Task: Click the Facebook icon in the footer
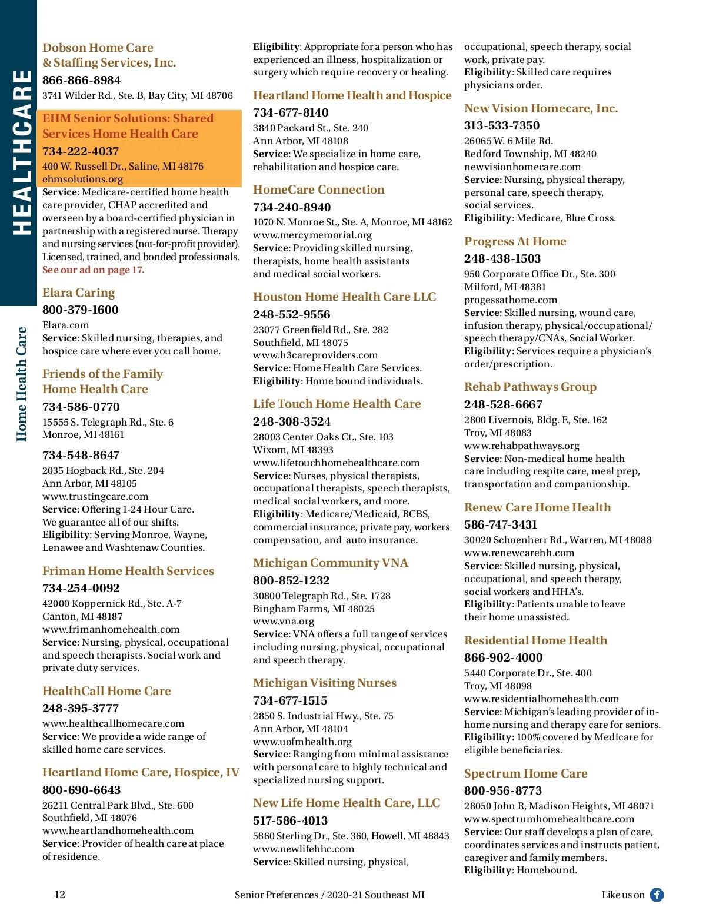[x=657, y=895]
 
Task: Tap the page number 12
[x=60, y=895]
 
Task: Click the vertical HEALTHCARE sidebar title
[x=22, y=152]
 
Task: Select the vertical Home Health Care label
[x=21, y=384]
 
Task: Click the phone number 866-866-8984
[x=81, y=80]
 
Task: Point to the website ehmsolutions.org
[x=82, y=179]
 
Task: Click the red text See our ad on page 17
[x=93, y=270]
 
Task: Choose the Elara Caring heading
[x=78, y=293]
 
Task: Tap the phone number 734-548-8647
[x=81, y=455]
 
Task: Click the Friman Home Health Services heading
[x=128, y=571]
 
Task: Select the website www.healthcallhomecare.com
[x=113, y=723]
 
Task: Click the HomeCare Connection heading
[x=318, y=190]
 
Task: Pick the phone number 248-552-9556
[x=291, y=314]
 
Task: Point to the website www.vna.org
[x=283, y=622]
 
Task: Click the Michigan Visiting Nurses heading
[x=324, y=683]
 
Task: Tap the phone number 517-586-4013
[x=290, y=820]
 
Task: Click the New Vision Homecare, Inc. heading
[x=541, y=108]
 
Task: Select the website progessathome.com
[x=510, y=300]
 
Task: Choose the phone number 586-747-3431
[x=500, y=524]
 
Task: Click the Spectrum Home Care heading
[x=525, y=773]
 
